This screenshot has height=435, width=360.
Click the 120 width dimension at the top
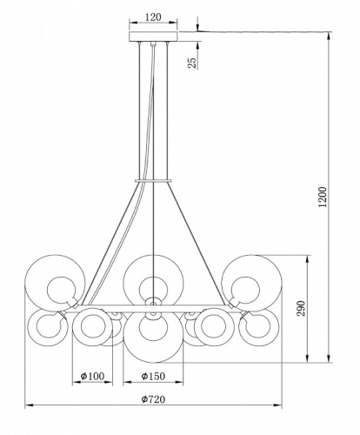tap(153, 17)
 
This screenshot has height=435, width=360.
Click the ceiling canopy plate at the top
tap(153, 37)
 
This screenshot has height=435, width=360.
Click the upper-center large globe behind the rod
tap(153, 280)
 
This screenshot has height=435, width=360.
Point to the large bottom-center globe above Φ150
tap(153, 334)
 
